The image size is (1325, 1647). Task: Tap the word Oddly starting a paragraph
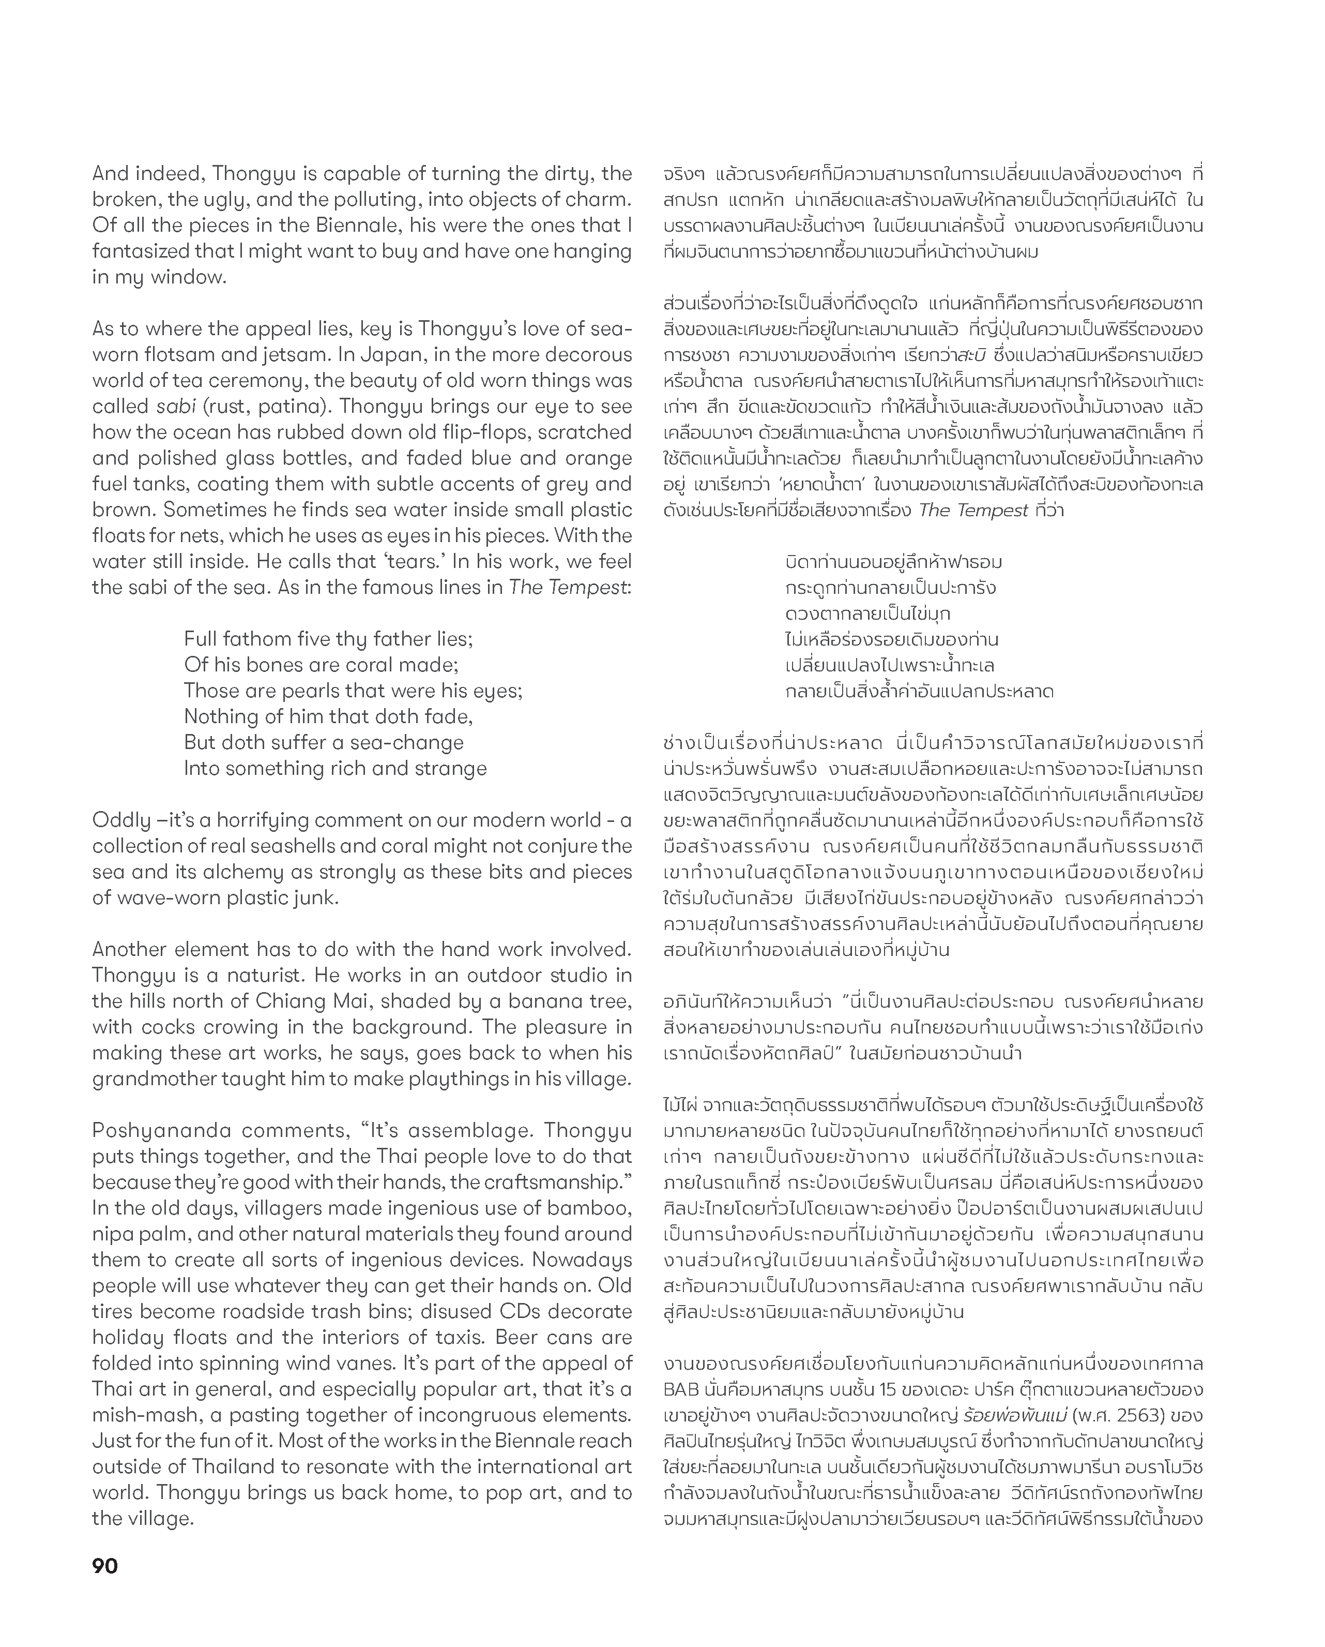121,820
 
